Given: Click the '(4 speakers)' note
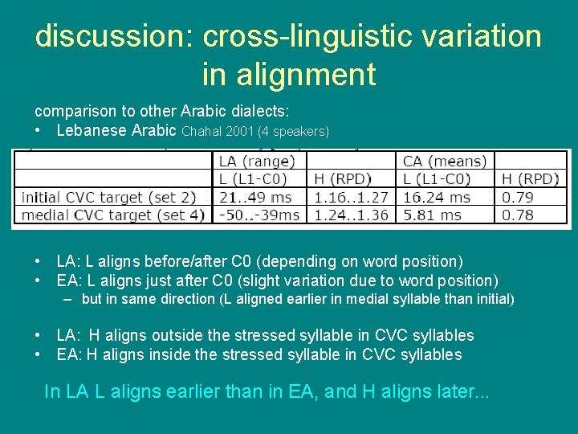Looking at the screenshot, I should tap(294, 131).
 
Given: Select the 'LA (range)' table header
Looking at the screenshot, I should tap(256, 162).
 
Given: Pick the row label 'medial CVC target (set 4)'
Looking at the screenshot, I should tap(112, 215).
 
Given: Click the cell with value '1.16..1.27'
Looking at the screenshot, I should tap(351, 197).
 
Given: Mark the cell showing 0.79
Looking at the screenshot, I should tap(518, 197).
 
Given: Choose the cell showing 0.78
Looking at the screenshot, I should tap(518, 215).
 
